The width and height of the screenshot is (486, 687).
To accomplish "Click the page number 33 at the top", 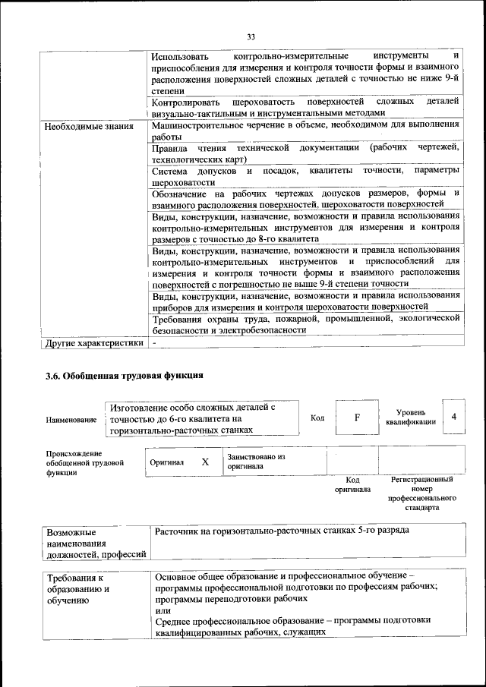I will click(251, 36).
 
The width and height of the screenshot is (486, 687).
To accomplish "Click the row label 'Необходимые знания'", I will click(89, 126).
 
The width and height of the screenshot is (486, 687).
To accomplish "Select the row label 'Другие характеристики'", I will click(94, 342).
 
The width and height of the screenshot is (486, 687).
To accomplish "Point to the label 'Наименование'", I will click(71, 419).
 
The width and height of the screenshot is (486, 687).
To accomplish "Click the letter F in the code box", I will click(357, 418).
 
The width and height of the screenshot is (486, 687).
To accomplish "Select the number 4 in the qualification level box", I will click(453, 417).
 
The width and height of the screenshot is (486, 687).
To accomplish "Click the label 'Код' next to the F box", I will click(317, 418).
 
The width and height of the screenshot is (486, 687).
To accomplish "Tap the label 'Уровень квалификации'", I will click(411, 417).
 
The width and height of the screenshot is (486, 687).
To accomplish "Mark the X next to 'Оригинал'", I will click(205, 462).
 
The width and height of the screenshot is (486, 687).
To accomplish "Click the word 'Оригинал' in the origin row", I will click(167, 462).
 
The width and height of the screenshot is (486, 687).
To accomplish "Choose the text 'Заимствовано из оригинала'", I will click(255, 462).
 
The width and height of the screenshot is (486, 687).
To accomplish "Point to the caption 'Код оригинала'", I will click(352, 484).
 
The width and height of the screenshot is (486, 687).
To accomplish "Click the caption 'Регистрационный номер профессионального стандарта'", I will click(421, 494).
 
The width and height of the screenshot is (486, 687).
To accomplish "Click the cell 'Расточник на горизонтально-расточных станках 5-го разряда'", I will click(282, 531).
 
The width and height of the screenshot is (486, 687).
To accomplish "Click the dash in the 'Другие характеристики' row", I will click(154, 342).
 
